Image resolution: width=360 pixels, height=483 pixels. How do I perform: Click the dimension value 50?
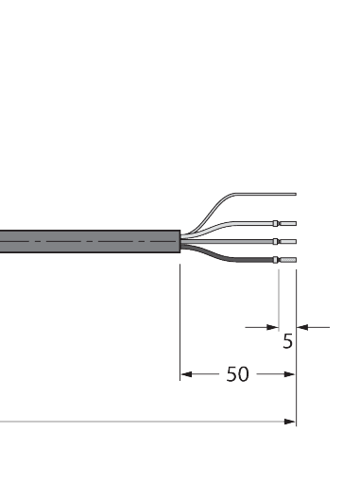(x=237, y=374)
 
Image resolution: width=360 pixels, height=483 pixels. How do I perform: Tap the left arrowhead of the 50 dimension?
(x=185, y=374)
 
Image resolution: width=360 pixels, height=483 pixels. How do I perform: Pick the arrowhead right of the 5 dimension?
(x=302, y=327)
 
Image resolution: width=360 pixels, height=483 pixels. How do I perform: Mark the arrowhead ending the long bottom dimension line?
(x=290, y=423)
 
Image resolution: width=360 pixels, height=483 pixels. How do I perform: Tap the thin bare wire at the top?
(x=246, y=195)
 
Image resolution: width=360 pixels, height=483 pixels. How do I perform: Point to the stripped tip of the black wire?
(x=289, y=259)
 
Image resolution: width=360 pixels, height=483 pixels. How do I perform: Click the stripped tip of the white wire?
(x=289, y=224)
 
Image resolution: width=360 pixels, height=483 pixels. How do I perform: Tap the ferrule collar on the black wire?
(x=278, y=259)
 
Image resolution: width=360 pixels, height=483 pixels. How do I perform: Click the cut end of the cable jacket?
(x=180, y=242)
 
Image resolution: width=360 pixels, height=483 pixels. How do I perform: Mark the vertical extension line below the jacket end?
(x=180, y=321)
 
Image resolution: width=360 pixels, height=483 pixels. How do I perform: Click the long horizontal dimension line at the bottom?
(x=142, y=423)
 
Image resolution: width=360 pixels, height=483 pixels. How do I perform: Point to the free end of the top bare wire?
(x=296, y=195)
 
